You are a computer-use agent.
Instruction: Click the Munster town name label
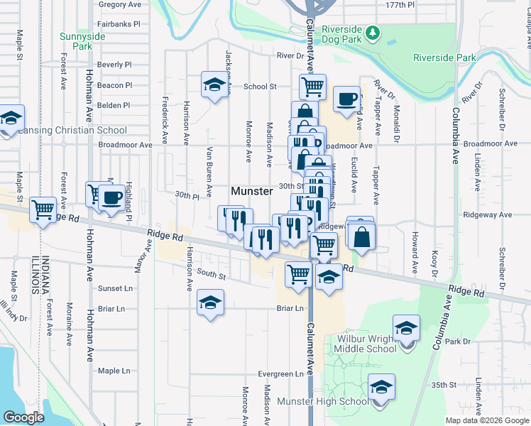(252, 192)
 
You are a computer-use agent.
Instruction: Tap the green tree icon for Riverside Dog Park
(371, 33)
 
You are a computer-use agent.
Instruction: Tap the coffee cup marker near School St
(346, 99)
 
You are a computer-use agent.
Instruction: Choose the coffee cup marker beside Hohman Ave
(109, 198)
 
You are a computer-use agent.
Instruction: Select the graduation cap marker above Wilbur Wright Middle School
(406, 328)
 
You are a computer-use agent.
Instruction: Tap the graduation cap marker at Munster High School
(381, 388)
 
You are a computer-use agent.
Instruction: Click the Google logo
(24, 417)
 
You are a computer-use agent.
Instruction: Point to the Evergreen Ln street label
(280, 374)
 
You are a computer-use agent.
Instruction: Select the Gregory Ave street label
(120, 4)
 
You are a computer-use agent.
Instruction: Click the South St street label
(211, 274)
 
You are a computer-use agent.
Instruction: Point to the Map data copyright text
(486, 420)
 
